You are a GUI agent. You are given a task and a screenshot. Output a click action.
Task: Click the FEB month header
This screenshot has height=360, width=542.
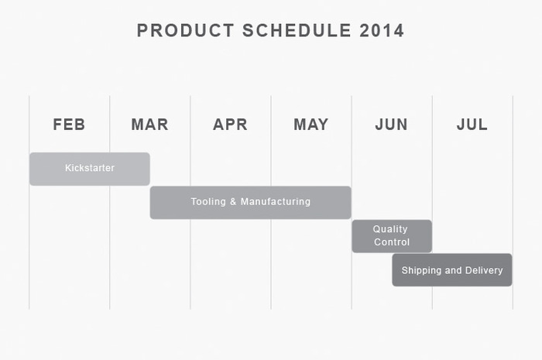pyautogui.click(x=69, y=125)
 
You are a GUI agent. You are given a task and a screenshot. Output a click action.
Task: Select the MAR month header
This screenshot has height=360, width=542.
pyautogui.click(x=149, y=125)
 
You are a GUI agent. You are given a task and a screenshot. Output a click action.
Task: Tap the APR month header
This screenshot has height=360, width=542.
pyautogui.click(x=230, y=125)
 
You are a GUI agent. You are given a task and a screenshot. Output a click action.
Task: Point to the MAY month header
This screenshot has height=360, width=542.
pyautogui.click(x=310, y=125)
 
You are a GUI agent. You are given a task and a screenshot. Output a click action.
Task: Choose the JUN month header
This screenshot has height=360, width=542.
pyautogui.click(x=391, y=125)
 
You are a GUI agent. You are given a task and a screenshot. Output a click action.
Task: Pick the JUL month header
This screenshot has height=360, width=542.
pyautogui.click(x=472, y=125)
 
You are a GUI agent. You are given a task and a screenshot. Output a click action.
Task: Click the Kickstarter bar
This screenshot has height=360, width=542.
pyautogui.click(x=90, y=169)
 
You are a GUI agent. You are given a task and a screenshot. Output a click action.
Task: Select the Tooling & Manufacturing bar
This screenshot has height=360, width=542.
pyautogui.click(x=251, y=203)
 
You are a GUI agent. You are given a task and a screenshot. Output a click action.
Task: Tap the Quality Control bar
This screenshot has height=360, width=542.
pyautogui.click(x=392, y=236)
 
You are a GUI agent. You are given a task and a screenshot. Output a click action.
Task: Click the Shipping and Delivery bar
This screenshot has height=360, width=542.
pyautogui.click(x=452, y=270)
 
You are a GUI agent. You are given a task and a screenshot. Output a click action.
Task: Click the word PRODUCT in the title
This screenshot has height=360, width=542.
pyautogui.click(x=186, y=30)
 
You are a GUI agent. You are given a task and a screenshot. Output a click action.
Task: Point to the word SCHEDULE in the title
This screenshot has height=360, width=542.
pyautogui.click(x=297, y=30)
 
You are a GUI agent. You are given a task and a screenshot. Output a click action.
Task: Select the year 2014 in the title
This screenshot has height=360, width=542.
pyautogui.click(x=382, y=30)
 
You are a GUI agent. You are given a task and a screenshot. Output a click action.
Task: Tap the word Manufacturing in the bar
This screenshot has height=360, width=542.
pyautogui.click(x=276, y=201)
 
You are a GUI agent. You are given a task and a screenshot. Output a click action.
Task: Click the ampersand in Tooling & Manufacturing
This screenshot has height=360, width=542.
pyautogui.click(x=233, y=201)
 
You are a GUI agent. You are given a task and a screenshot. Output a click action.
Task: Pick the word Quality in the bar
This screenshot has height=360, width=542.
pyautogui.click(x=390, y=229)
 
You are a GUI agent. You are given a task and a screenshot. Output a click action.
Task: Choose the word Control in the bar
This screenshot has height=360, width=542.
pyautogui.click(x=392, y=242)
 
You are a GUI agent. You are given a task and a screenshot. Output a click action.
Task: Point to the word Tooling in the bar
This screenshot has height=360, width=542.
pyautogui.click(x=208, y=202)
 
